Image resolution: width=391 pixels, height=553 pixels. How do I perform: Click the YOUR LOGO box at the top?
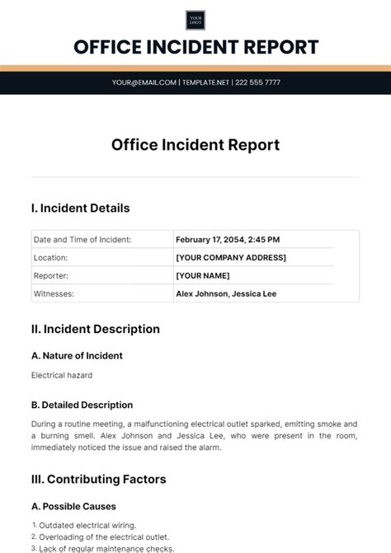pos(195,21)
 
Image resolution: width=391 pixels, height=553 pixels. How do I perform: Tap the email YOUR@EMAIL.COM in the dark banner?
pos(144,82)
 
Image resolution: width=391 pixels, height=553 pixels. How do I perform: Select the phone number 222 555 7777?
pos(257,82)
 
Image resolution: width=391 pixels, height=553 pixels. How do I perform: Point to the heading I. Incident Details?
pos(80,209)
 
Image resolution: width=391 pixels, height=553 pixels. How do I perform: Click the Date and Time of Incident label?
pos(82,240)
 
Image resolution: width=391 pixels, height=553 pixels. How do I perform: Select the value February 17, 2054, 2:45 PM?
pos(228,240)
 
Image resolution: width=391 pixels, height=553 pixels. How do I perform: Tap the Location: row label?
pos(51,258)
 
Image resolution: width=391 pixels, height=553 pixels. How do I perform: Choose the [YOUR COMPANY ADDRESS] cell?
pos(231,258)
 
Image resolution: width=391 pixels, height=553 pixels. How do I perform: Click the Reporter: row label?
pos(51,275)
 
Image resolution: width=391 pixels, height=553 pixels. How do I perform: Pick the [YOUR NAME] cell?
pos(203,275)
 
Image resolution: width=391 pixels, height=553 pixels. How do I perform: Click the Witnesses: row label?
pos(54,293)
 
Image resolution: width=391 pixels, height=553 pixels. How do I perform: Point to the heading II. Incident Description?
pos(95,330)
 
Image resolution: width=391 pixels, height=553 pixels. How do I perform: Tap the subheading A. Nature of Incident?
pos(77,356)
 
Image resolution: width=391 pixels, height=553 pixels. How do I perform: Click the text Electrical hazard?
pos(62,375)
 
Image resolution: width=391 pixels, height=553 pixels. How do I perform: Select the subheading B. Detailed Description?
pos(82,405)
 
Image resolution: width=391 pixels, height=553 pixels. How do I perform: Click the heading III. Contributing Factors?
pos(98,480)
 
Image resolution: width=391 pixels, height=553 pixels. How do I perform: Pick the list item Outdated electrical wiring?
pos(87,525)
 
